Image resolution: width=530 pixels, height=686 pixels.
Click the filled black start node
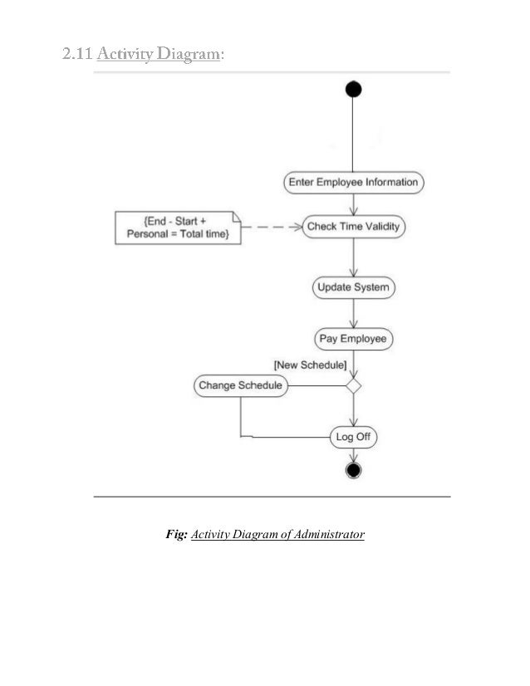tap(354, 90)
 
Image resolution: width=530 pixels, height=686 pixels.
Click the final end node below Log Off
tap(354, 471)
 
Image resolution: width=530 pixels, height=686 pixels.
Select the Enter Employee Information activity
tap(353, 182)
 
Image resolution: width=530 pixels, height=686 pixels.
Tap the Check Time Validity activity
tap(354, 226)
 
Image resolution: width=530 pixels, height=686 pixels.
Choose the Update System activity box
tap(354, 288)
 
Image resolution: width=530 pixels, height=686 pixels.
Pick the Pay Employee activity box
tap(354, 339)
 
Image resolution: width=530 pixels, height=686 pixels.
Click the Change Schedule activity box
tap(241, 385)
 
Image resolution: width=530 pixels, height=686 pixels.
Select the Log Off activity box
tap(353, 436)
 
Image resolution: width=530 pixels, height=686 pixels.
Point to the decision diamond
tap(354, 385)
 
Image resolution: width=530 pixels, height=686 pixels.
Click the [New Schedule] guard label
tap(311, 365)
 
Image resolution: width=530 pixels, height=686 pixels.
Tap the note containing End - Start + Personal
tap(179, 228)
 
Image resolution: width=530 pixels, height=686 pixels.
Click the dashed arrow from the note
tap(272, 226)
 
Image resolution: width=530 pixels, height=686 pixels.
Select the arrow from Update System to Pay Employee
tap(354, 314)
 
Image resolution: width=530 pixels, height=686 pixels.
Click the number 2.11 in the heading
tap(77, 55)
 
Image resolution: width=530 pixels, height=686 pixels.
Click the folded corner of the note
tap(238, 218)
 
